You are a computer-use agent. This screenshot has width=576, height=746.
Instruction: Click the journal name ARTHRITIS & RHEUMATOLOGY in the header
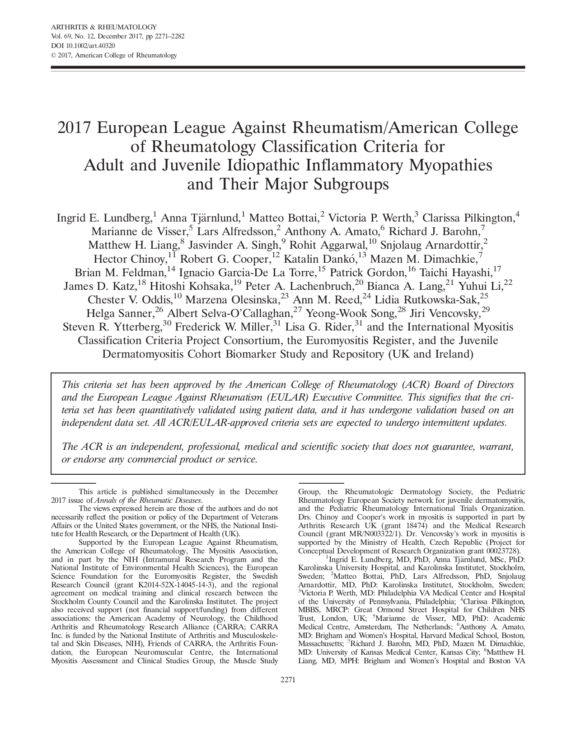[104, 27]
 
